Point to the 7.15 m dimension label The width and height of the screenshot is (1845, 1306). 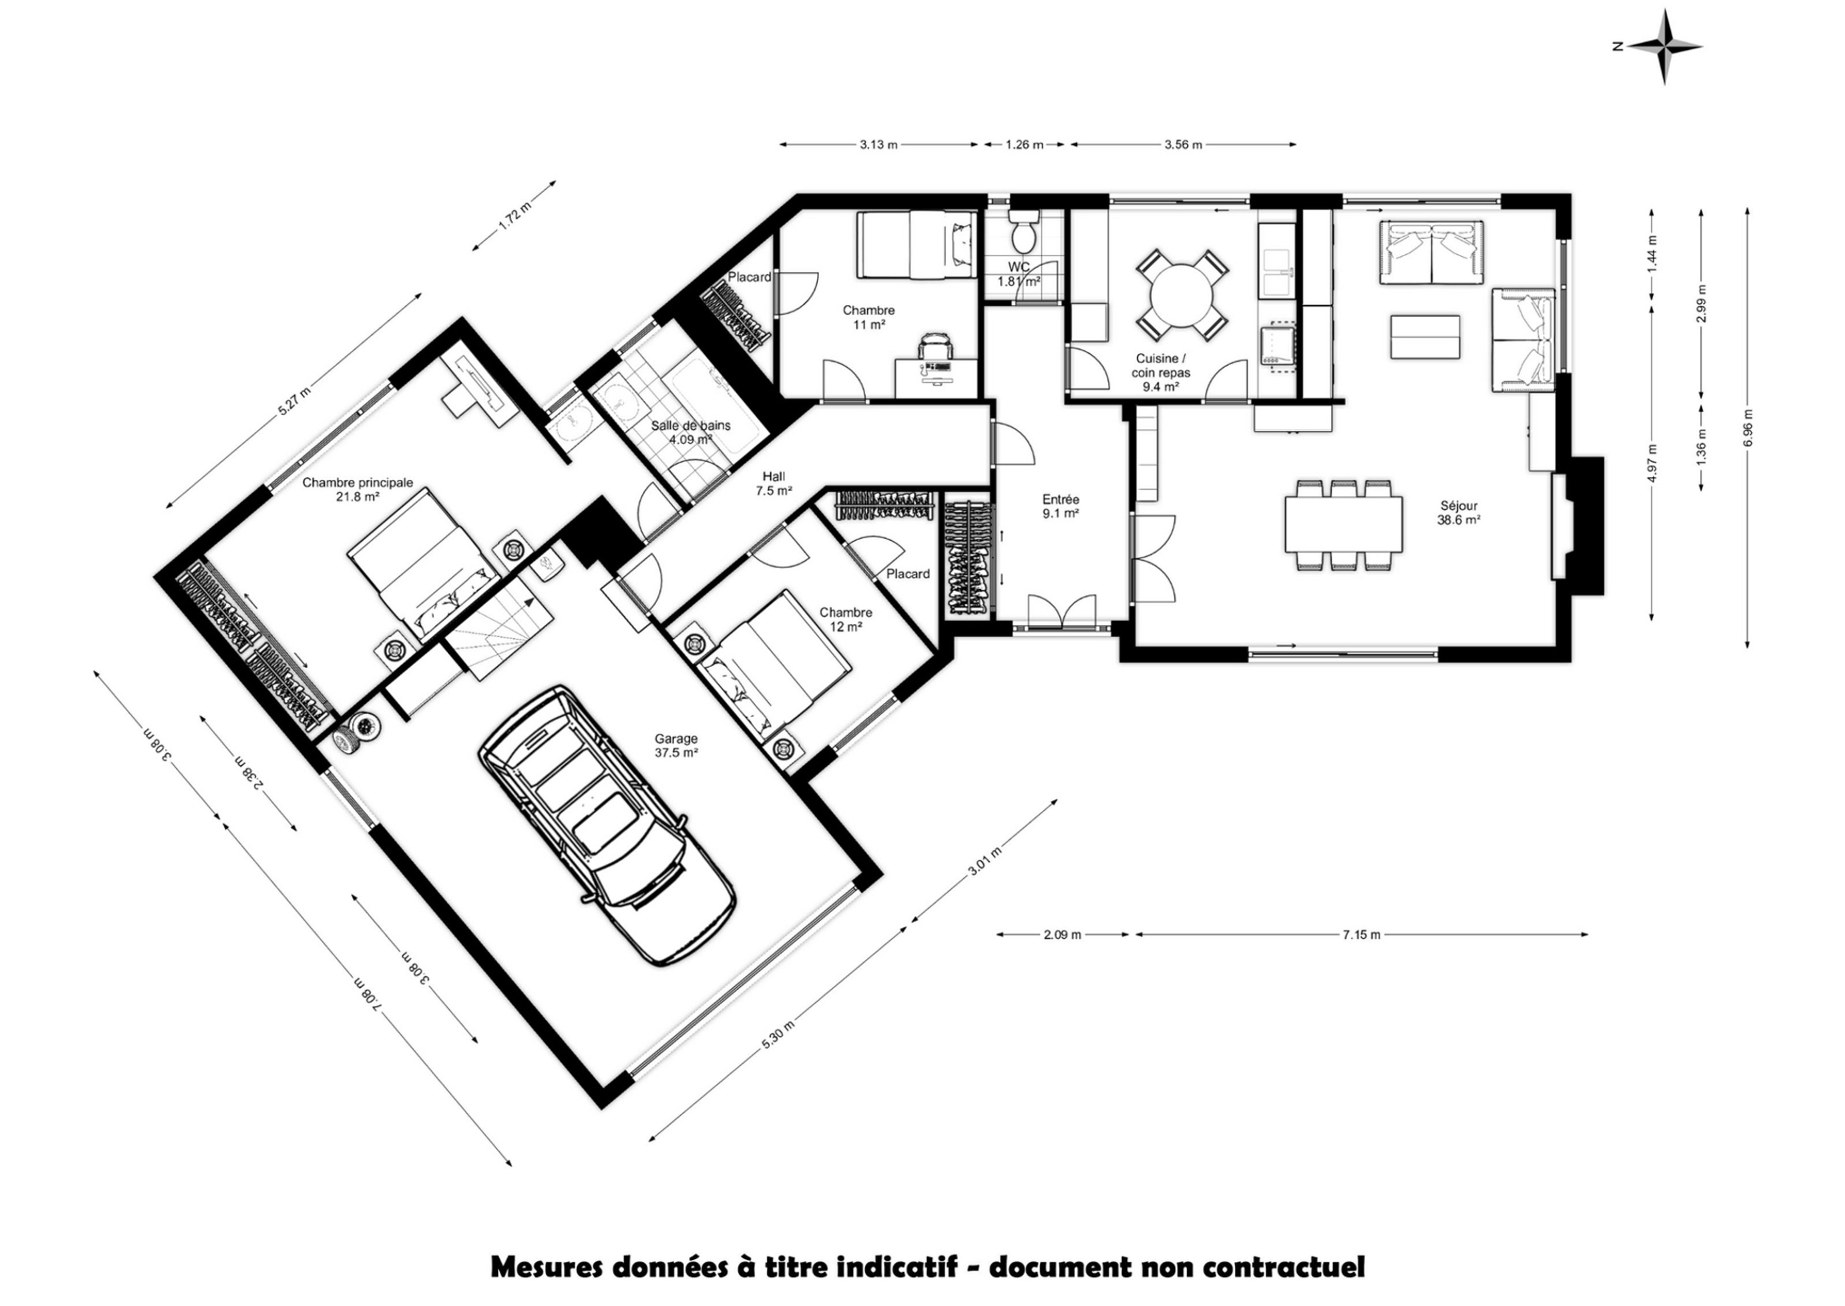pyautogui.click(x=1361, y=934)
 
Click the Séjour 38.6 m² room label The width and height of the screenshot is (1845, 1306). pyautogui.click(x=1459, y=513)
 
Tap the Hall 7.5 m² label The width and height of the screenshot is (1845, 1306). pyautogui.click(x=774, y=483)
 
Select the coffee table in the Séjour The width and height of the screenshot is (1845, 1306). pyautogui.click(x=1426, y=336)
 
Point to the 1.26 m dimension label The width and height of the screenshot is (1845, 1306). pyautogui.click(x=1024, y=145)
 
